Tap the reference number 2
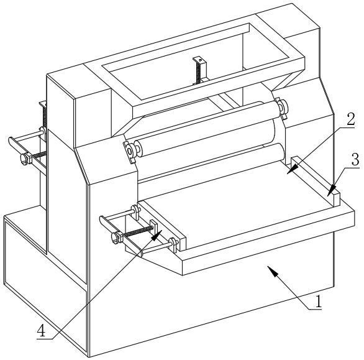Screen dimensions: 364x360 point(350,119)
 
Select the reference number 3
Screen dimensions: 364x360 point(355,159)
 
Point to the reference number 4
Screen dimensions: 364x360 point(42,331)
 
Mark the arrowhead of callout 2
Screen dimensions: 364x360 point(293,168)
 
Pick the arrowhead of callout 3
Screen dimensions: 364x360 point(332,190)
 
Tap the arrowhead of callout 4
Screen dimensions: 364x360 point(157,235)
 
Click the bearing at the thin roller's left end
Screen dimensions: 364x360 point(130,152)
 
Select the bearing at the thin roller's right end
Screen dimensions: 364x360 point(281,108)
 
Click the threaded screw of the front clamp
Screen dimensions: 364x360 point(138,232)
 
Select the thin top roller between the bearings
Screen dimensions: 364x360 point(207,129)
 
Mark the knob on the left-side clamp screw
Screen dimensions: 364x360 point(25,159)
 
